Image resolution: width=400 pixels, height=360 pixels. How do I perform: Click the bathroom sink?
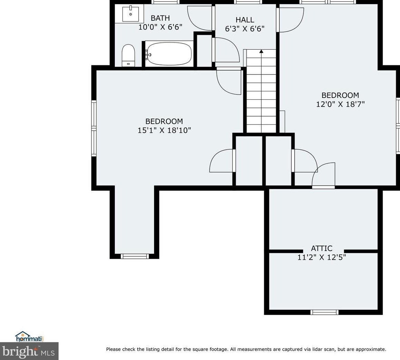pyautogui.click(x=131, y=14)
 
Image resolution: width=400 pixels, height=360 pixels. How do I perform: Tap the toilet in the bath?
pyautogui.click(x=128, y=56)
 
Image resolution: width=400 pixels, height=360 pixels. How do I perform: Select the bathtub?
pyautogui.click(x=169, y=53)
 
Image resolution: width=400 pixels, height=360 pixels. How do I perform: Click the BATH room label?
pyautogui.click(x=160, y=18)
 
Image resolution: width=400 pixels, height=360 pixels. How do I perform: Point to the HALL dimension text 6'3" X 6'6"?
pyautogui.click(x=244, y=29)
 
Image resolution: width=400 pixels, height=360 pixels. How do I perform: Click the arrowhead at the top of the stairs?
pyautogui.click(x=261, y=51)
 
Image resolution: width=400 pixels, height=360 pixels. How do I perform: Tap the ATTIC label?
pyautogui.click(x=322, y=248)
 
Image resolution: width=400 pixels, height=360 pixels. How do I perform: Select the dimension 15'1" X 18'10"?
pyautogui.click(x=164, y=130)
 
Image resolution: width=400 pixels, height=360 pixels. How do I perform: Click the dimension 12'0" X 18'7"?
pyautogui.click(x=340, y=104)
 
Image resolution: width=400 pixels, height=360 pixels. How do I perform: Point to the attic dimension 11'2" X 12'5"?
pyautogui.click(x=322, y=257)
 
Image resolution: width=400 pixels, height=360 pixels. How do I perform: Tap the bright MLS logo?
pyautogui.click(x=29, y=351)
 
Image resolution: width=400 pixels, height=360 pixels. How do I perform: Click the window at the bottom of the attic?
pyautogui.click(x=324, y=312)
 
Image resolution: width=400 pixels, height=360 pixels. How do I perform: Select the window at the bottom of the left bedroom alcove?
pyautogui.click(x=134, y=256)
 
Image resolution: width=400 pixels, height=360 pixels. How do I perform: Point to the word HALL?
pyautogui.click(x=244, y=20)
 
